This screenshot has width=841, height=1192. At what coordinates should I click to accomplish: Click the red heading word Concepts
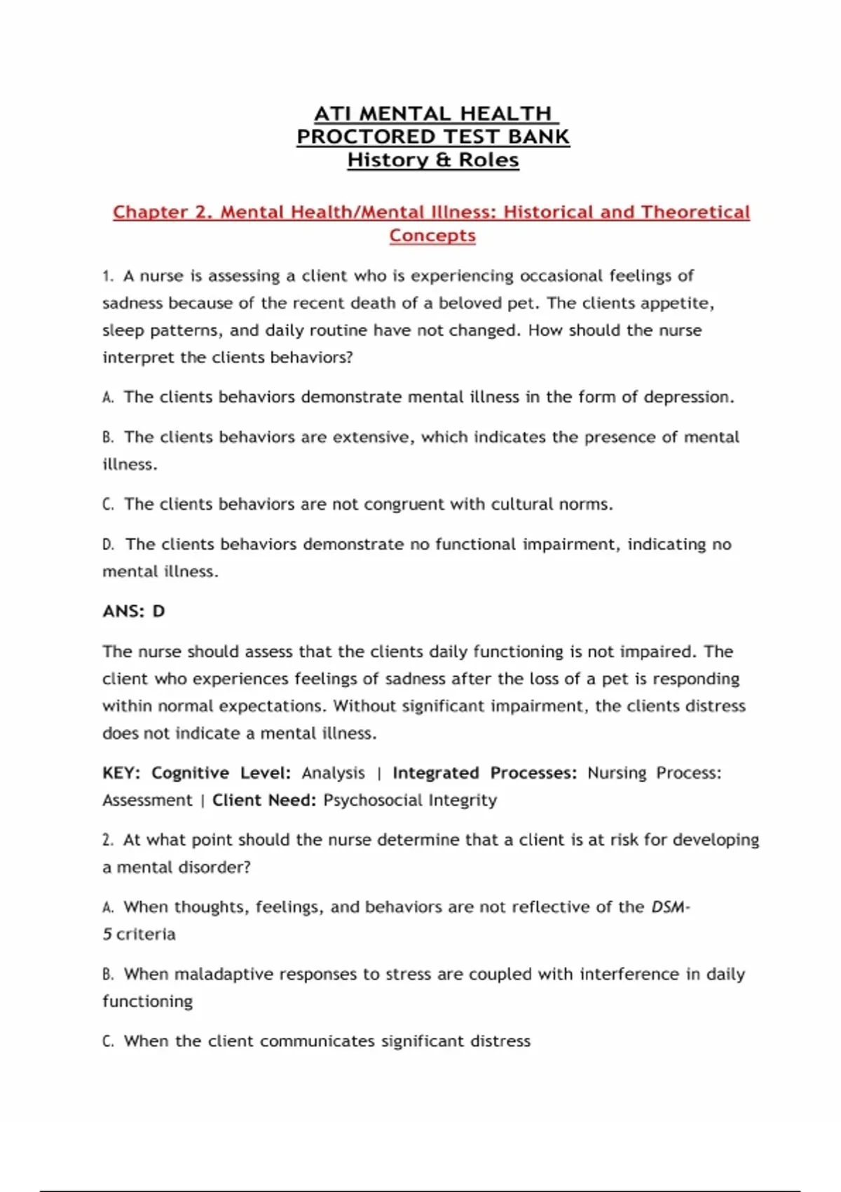pyautogui.click(x=432, y=236)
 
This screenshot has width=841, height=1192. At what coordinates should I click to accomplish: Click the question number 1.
pyautogui.click(x=107, y=276)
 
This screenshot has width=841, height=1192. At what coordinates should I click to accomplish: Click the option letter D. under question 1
pyautogui.click(x=108, y=545)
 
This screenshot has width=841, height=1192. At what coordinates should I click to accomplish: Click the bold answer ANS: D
pyautogui.click(x=134, y=611)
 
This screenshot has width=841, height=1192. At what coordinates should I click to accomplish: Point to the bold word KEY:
pyautogui.click(x=121, y=773)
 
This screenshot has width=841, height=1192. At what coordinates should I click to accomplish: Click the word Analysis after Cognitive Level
pyautogui.click(x=333, y=773)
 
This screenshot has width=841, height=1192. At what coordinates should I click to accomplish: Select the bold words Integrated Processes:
pyautogui.click(x=484, y=773)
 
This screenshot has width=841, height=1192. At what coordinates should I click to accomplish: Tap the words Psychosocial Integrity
pyautogui.click(x=410, y=800)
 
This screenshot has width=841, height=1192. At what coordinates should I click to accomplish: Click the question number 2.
pyautogui.click(x=107, y=840)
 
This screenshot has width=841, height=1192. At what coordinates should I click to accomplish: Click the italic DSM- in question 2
pyautogui.click(x=671, y=907)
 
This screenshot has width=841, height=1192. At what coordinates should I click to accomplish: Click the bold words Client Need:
pyautogui.click(x=264, y=800)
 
